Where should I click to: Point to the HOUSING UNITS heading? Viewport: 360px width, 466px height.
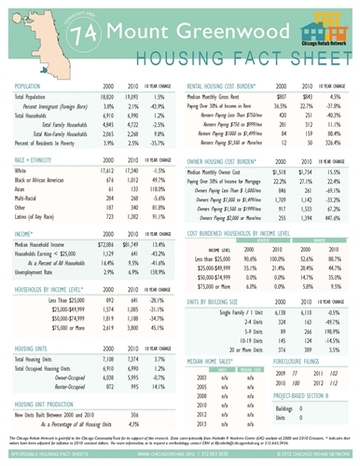pos(36,371)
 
